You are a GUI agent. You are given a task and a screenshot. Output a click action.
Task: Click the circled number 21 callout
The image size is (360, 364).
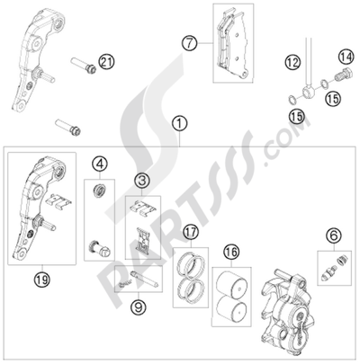click(109, 61)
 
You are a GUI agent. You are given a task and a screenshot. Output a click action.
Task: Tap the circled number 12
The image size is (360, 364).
click(292, 61)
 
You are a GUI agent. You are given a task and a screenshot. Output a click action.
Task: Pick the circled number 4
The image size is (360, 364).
click(102, 164)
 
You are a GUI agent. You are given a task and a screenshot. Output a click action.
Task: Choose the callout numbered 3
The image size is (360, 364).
click(141, 182)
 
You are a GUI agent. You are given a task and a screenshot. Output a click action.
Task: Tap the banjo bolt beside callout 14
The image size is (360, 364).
click(340, 77)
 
